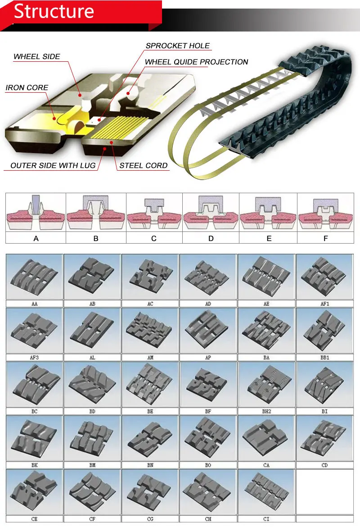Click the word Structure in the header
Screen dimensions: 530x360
[x=54, y=12]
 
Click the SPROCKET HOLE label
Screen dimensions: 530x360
[x=178, y=46]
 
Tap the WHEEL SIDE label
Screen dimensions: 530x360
[x=37, y=57]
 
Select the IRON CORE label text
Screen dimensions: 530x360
[x=27, y=88]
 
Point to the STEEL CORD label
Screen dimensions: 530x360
[x=144, y=166]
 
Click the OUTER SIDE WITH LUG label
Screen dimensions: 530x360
[x=53, y=166]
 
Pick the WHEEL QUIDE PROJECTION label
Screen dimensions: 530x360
[x=196, y=62]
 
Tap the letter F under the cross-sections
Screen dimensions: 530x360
[x=326, y=238]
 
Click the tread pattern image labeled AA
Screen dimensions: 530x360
[x=35, y=276]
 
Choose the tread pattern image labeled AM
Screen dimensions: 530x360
[x=150, y=330]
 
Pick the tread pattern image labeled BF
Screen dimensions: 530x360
[x=208, y=384]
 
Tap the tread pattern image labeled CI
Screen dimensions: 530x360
[x=266, y=491]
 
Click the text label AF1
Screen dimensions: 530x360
[x=325, y=304]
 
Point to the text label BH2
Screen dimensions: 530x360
[x=266, y=412]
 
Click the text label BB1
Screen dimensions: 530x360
[x=325, y=358]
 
